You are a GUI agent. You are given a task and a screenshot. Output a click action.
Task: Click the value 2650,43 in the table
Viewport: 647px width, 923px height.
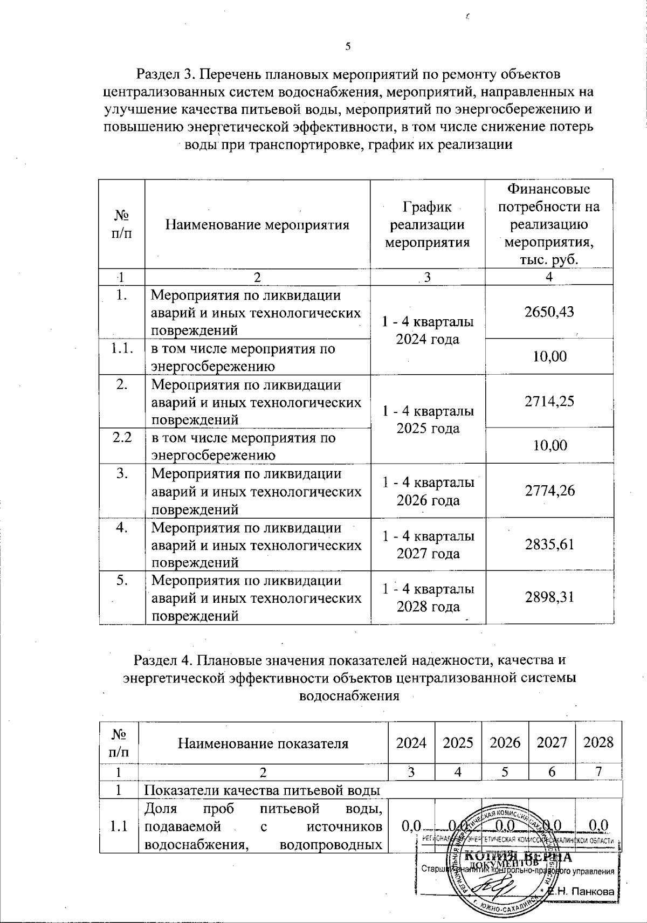point(549,312)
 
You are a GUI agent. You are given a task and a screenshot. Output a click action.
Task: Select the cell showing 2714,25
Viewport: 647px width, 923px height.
point(549,401)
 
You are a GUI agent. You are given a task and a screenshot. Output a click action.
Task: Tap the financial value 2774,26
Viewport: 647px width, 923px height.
point(549,491)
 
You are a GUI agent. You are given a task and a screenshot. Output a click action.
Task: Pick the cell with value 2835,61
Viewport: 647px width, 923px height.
point(549,545)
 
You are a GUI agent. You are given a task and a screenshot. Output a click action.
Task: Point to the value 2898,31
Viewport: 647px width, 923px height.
point(549,597)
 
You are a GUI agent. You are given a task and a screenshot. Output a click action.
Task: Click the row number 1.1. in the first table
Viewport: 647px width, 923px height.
point(122,349)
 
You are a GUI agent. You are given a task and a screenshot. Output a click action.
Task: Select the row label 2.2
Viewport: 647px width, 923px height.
point(122,438)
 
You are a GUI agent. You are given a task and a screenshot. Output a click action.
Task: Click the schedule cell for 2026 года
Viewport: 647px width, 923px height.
point(428,491)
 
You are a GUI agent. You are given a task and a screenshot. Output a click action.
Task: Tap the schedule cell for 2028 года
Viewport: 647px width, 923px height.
point(428,597)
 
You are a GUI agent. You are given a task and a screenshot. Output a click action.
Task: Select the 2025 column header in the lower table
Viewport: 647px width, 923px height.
point(458,743)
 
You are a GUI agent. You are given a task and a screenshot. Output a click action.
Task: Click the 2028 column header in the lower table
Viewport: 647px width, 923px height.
point(598,743)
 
